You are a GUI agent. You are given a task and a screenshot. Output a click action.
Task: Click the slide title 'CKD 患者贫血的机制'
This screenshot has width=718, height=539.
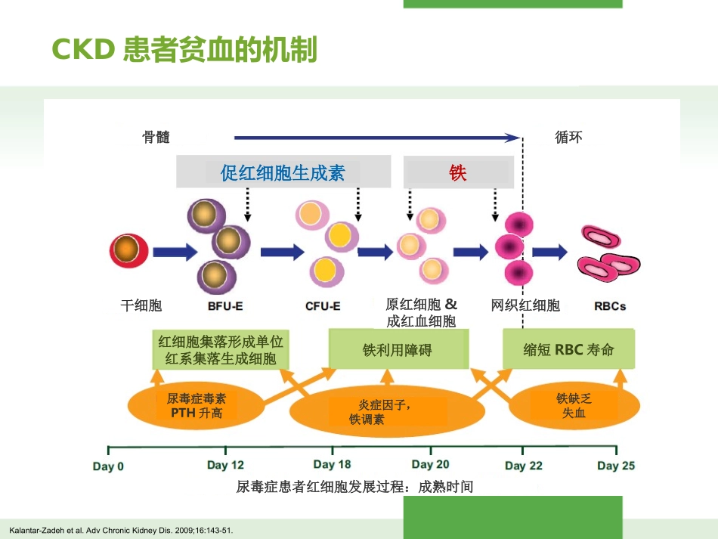coord(184,50)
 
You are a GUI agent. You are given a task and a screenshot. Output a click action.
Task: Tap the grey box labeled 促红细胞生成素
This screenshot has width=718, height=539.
coord(283,172)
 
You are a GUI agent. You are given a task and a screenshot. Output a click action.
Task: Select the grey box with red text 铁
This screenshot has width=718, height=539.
coord(458,172)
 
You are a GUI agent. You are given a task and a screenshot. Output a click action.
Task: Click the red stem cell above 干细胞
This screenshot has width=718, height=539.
coord(128,250)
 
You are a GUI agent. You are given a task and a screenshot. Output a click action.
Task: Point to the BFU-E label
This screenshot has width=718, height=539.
coord(225,306)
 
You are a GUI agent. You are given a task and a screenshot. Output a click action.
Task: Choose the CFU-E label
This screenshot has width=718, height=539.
coord(323,306)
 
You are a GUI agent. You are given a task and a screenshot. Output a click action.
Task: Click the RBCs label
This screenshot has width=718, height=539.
coord(610,306)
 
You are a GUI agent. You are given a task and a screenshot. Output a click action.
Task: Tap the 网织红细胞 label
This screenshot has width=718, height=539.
coord(525,305)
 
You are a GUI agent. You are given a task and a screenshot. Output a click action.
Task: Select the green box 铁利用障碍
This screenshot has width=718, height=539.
coord(398,350)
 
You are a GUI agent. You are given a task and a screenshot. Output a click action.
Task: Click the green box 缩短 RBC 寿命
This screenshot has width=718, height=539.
coord(568,350)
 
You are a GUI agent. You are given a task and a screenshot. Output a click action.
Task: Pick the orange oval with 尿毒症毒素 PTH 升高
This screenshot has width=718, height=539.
coord(197,406)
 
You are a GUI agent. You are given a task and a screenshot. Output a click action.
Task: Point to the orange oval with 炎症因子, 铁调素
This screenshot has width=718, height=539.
coord(386,412)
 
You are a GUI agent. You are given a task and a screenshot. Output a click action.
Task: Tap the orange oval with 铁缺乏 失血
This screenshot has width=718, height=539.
coord(574,406)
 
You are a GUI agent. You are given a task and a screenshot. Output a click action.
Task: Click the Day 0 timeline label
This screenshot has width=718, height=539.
coord(108,466)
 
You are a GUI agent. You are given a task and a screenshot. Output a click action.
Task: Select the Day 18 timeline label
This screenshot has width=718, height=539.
coord(332,464)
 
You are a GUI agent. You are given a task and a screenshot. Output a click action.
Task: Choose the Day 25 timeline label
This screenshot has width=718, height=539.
coord(616,466)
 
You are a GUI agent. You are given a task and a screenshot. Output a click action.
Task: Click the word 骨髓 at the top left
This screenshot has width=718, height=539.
coord(156,138)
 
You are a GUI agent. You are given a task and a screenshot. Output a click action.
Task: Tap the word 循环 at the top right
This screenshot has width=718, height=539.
coord(568,138)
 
